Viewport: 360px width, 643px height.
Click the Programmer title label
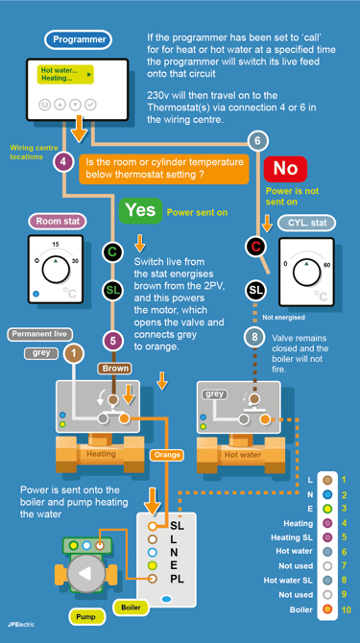coord(78,40)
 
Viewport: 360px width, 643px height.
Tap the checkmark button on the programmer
coord(90,105)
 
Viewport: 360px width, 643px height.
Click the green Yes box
coord(140,211)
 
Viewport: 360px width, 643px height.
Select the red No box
coord(285,169)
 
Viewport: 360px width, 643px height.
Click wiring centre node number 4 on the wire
coord(62,161)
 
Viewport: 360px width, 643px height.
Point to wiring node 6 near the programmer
coord(257,141)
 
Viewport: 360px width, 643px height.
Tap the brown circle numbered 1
coord(74,354)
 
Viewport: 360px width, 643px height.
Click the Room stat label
coord(58,222)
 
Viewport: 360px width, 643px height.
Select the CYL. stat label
coord(306,223)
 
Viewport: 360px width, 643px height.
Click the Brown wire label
coord(115,369)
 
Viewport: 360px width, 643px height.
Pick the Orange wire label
coord(167,455)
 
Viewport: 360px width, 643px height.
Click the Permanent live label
coord(39,334)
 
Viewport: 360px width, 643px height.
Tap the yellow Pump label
coord(85,617)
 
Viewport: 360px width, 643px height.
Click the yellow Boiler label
coord(131,607)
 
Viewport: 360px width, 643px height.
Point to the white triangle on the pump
coord(84,574)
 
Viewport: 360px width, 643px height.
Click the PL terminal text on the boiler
coord(178,579)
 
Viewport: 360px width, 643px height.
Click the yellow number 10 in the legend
coord(346,610)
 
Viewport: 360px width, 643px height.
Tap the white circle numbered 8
coord(254,338)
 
